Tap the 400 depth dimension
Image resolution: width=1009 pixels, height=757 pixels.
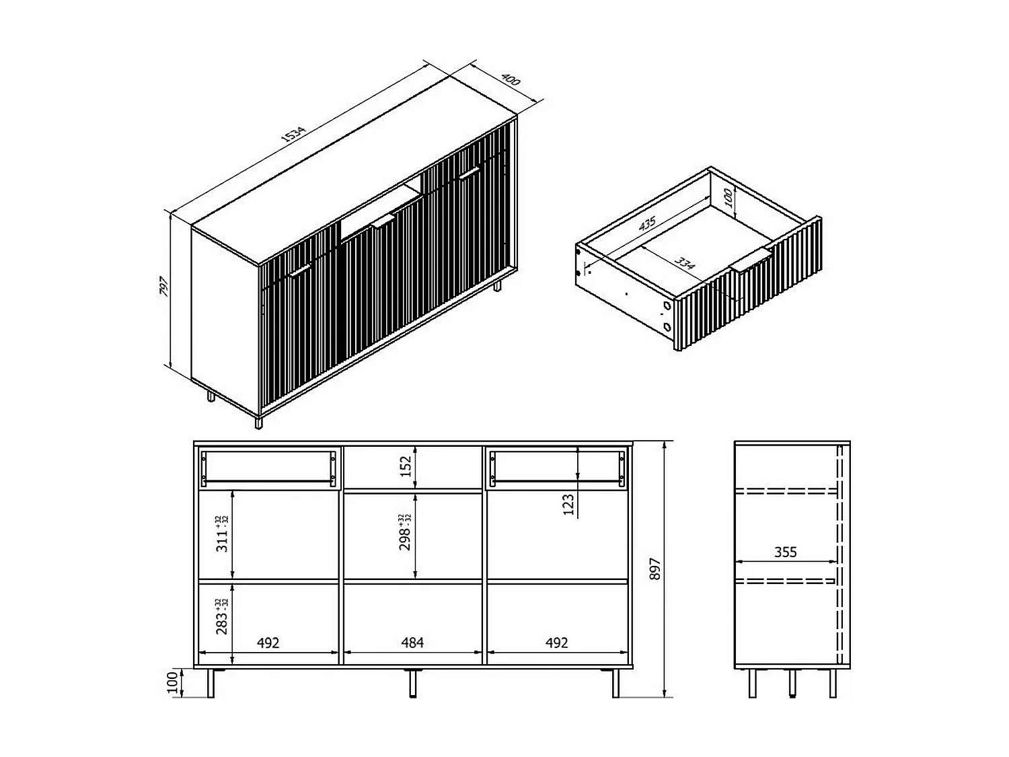(511, 80)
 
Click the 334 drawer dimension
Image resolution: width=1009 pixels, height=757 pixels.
(684, 263)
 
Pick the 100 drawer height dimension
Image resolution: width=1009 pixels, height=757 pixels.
(727, 197)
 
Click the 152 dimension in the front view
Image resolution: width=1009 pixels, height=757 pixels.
(406, 466)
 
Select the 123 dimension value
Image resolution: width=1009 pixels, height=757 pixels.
(568, 504)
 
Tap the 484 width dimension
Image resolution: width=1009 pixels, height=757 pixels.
(412, 643)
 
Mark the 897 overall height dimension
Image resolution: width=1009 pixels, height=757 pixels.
(657, 569)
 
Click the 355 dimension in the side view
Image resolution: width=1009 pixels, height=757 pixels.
(785, 552)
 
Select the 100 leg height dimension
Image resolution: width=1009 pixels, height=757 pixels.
(172, 683)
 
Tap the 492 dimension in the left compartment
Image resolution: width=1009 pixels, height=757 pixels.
(268, 643)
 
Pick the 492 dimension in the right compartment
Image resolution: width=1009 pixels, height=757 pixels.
(557, 643)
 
